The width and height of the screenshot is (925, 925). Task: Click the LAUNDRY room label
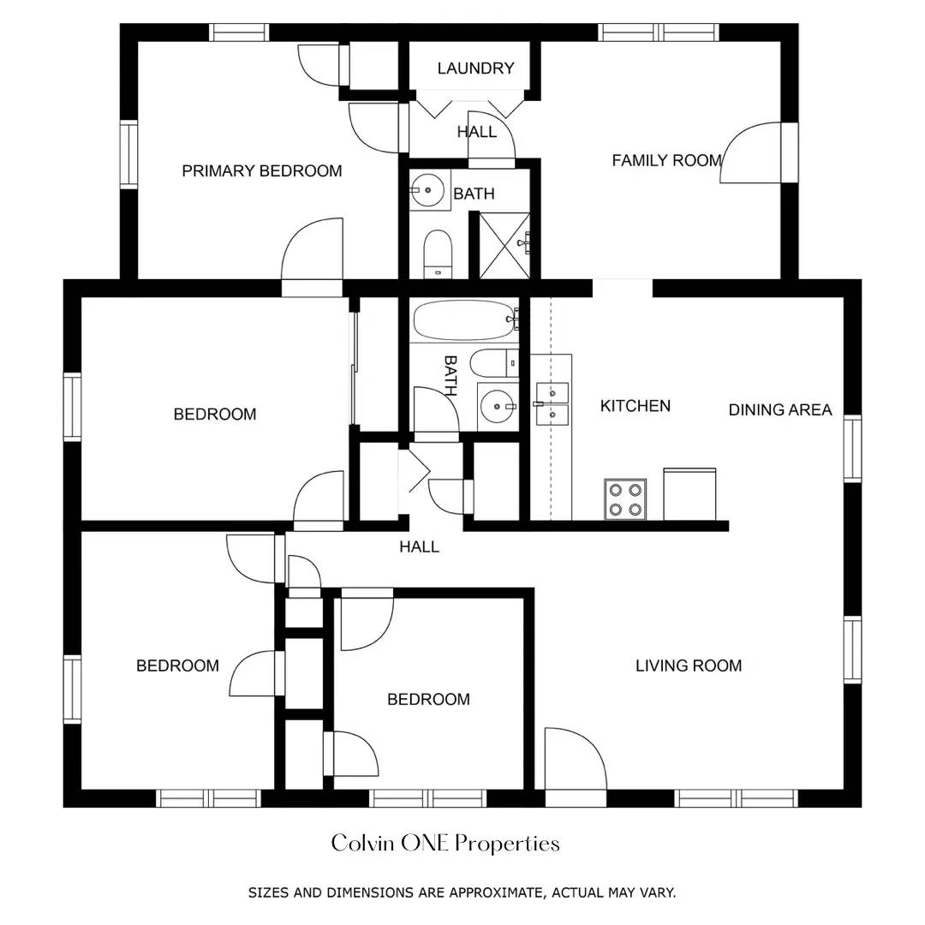[475, 69]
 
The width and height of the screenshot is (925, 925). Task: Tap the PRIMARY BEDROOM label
[261, 171]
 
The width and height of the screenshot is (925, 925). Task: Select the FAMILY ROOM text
[666, 160]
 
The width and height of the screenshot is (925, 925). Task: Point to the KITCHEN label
[635, 406]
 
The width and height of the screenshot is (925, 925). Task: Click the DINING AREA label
[779, 410]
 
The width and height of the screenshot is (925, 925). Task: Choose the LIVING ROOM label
[688, 665]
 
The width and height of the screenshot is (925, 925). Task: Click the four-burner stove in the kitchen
[625, 498]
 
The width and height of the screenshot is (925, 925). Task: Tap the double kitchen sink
[552, 403]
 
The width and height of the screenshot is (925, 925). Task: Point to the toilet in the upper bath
[438, 254]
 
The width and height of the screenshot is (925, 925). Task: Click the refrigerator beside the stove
[689, 494]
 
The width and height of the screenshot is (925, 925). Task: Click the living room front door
[576, 767]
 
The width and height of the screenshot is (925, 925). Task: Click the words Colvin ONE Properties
[445, 844]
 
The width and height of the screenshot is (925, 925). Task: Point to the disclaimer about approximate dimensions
[462, 892]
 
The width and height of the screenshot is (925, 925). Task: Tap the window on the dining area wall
[852, 448]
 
